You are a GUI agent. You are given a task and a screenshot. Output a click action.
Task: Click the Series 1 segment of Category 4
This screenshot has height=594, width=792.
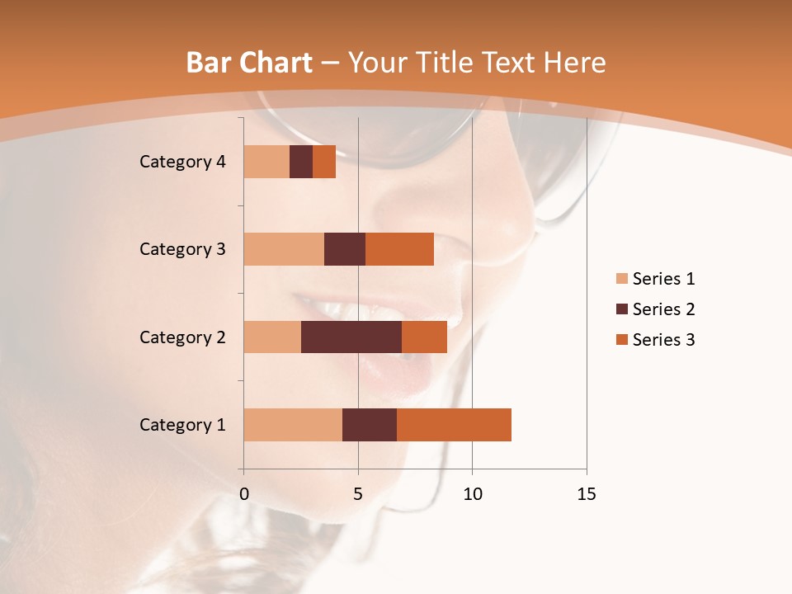266,162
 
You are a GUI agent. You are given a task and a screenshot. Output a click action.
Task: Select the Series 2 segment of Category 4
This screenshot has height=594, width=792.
301,162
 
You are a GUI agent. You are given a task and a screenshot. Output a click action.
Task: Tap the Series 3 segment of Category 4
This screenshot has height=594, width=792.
324,162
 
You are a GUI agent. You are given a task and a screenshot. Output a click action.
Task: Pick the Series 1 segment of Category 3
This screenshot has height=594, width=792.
284,249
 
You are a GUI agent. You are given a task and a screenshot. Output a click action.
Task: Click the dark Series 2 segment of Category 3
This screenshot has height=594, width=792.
345,249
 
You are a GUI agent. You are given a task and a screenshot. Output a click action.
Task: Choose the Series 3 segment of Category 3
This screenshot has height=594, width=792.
399,249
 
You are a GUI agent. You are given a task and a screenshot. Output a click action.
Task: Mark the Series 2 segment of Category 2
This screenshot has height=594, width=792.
351,337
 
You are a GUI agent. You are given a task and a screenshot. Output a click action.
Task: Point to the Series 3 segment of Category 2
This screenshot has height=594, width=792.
424,337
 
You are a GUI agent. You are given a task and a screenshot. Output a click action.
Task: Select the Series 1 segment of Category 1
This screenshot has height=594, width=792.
293,425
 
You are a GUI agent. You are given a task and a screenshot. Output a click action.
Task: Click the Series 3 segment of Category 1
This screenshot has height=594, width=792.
454,425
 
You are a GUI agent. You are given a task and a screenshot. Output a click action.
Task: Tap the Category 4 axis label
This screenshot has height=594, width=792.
182,162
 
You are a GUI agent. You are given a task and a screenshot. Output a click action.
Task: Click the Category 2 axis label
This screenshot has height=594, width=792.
182,337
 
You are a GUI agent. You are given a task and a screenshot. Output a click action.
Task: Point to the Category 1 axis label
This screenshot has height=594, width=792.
182,425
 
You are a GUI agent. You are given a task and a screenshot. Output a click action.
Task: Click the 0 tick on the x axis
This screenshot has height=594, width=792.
244,494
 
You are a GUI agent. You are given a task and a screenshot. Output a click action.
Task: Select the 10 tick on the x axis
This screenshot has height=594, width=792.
472,494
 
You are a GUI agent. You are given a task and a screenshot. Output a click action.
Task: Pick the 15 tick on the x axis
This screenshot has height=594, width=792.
586,494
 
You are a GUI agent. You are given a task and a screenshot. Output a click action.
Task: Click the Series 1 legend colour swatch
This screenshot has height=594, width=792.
621,279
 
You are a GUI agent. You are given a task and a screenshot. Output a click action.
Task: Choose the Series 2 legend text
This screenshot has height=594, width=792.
663,309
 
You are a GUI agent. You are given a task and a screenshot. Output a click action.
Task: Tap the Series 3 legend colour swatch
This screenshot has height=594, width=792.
621,340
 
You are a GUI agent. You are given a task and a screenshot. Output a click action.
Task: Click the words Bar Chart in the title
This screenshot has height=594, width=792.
249,63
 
